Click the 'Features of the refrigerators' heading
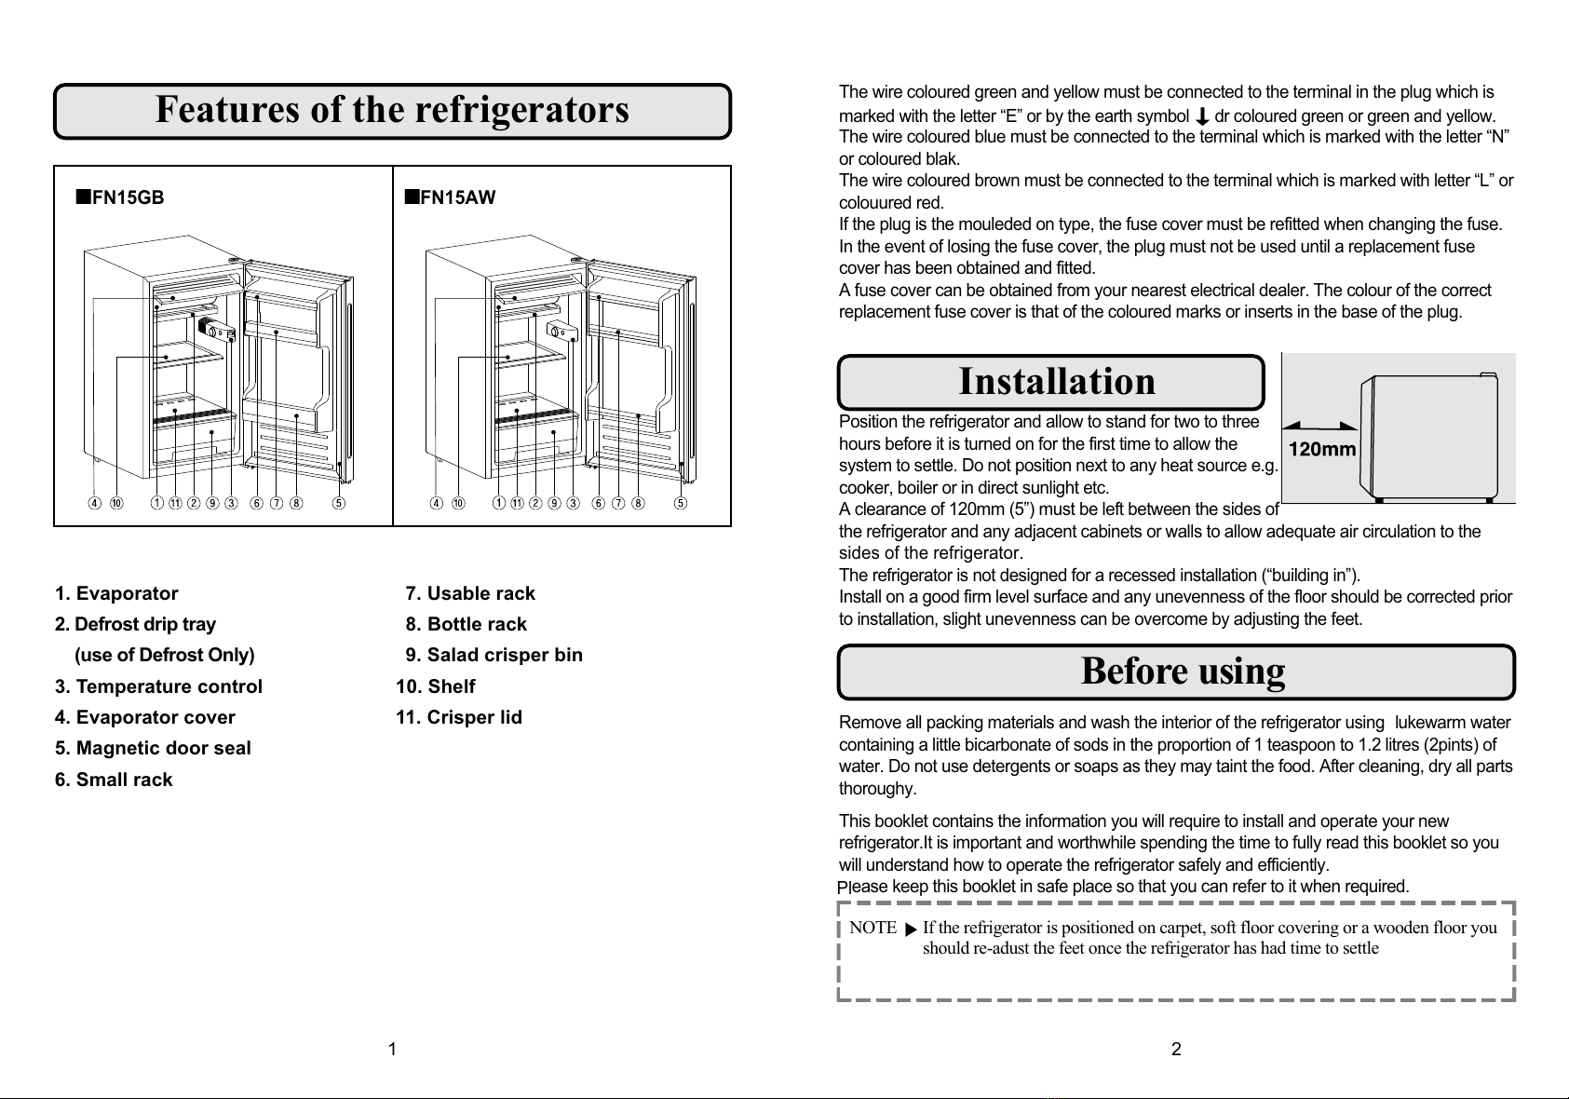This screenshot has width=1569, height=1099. [392, 110]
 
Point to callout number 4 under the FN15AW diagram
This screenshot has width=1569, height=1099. [436, 504]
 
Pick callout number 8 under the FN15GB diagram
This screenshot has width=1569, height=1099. [296, 504]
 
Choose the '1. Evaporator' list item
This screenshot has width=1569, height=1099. [116, 593]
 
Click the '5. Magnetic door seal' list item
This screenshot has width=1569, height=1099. [153, 748]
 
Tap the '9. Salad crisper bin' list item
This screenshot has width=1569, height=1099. [494, 655]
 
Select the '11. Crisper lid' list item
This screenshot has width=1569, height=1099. [459, 717]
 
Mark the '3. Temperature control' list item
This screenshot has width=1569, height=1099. [158, 686]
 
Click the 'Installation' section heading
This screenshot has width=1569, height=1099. [1057, 381]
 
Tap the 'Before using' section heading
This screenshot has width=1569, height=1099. [1183, 671]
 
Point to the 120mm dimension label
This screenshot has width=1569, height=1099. [1322, 450]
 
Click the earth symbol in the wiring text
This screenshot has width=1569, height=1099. [1201, 116]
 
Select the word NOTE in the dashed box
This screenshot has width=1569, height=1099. [872, 928]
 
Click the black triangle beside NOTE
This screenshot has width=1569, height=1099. [911, 929]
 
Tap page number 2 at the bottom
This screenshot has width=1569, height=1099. [1176, 1050]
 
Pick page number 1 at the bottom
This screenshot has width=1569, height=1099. [393, 1050]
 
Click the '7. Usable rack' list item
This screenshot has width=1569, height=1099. [470, 593]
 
